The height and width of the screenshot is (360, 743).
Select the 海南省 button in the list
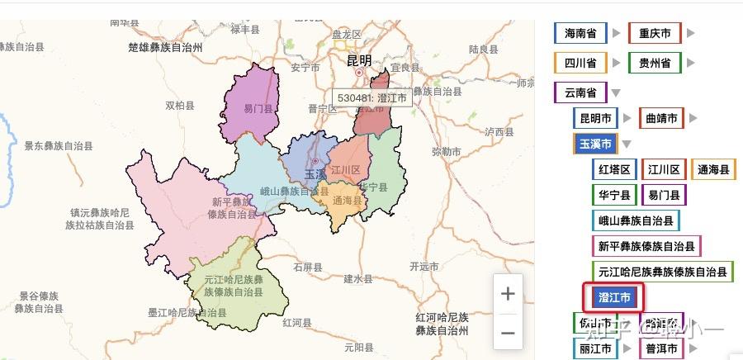point(581,34)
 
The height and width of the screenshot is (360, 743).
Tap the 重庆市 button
point(655,34)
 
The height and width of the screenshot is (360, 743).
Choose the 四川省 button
point(581,63)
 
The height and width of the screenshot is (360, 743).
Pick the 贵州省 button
point(655,63)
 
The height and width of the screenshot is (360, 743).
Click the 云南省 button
point(581,92)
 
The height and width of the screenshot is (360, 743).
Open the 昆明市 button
point(596,119)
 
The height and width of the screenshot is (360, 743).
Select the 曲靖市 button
point(661,119)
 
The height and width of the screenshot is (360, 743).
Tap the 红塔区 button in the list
point(614,170)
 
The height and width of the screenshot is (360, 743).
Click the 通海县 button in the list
point(713,170)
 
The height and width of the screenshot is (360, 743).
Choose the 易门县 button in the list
point(663,196)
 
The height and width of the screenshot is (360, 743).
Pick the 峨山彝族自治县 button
point(636,221)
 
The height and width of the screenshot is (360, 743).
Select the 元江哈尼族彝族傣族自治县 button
point(663,271)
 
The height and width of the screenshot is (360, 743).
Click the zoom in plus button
point(509,294)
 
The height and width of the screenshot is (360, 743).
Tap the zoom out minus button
point(509,333)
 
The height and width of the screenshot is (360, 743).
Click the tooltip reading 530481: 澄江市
point(372,97)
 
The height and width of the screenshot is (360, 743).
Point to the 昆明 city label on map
point(359,60)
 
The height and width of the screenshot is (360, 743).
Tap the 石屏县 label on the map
point(309,267)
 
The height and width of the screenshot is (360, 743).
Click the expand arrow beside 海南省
point(614,34)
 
